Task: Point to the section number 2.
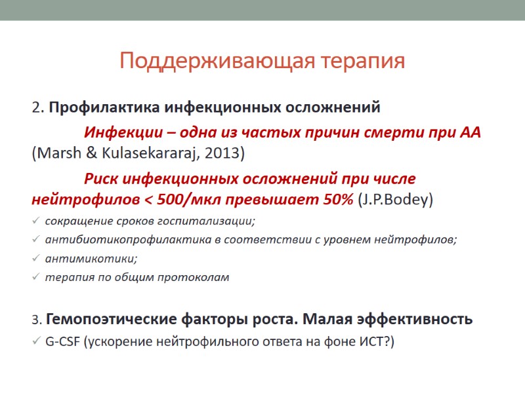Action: [x=36, y=107]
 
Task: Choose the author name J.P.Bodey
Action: [x=395, y=199]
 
